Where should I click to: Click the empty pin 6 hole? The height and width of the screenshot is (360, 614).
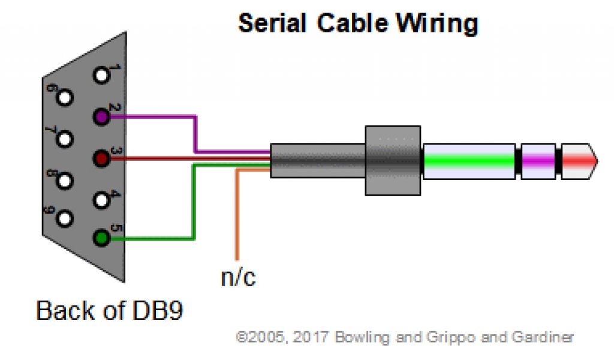coord(64,97)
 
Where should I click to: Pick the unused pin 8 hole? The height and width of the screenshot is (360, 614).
coord(64,179)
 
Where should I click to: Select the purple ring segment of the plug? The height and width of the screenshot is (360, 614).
coord(538,161)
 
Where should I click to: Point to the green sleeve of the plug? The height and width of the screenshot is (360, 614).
coord(469,161)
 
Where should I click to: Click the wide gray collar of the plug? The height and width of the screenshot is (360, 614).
coord(393,161)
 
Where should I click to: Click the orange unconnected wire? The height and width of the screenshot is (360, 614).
coord(237,216)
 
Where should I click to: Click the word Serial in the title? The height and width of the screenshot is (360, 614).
coord(273,23)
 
